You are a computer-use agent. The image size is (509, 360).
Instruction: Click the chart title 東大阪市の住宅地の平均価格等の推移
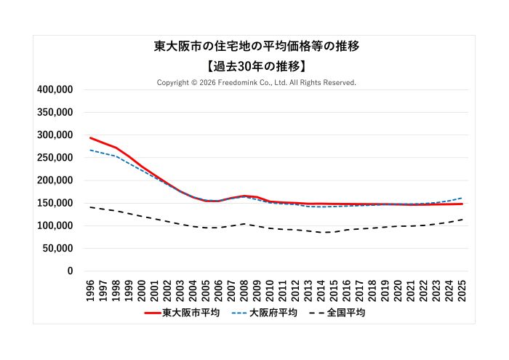257,46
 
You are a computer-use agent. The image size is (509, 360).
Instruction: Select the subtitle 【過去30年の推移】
257,65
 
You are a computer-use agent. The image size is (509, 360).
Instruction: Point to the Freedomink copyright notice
257,83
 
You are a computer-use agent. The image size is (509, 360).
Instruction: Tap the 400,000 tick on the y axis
55,89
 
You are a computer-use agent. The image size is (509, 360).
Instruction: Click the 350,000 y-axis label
55,112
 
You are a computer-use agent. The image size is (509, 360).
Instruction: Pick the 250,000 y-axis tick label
55,158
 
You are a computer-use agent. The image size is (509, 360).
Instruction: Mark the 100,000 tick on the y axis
55,225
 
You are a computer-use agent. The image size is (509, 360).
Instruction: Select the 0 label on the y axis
71,271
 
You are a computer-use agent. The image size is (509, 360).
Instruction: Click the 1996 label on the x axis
90,289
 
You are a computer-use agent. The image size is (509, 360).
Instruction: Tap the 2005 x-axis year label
206,289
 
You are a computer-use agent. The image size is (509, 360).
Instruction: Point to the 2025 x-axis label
462,289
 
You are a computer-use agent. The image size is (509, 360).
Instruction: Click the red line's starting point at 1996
90,137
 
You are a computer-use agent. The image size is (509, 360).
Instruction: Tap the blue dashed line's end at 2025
462,198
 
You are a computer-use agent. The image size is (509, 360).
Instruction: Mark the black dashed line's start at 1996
90,207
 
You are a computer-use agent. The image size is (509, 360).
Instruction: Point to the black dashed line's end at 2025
462,219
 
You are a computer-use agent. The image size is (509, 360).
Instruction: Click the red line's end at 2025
462,204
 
